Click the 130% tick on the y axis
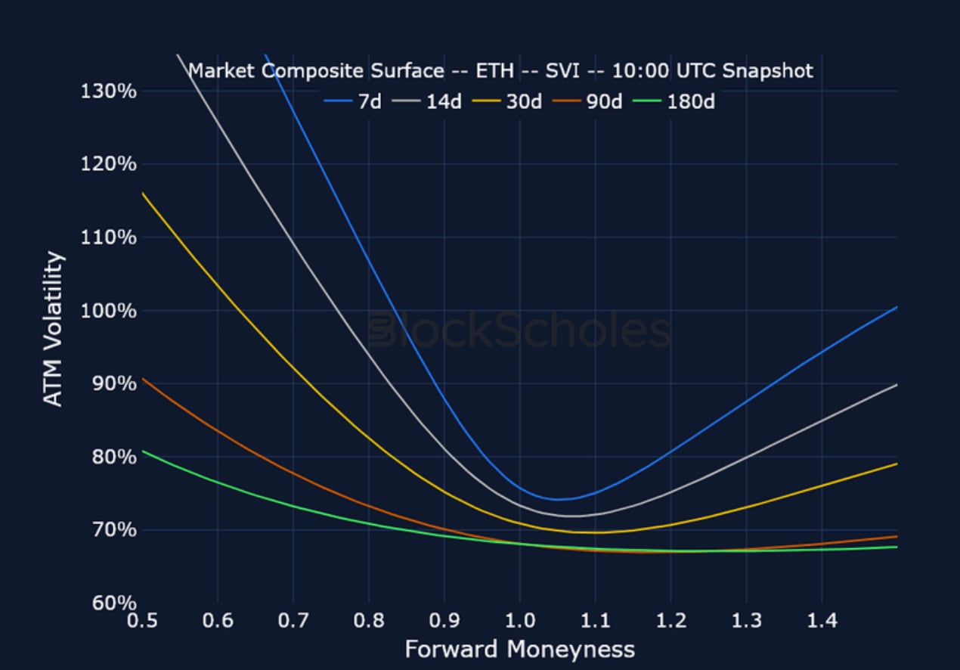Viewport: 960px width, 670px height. (x=108, y=91)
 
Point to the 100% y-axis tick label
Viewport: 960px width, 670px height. (x=108, y=311)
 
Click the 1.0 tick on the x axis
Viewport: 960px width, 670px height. (x=519, y=622)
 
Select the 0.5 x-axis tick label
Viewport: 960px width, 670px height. (x=142, y=622)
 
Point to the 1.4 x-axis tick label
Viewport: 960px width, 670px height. (x=822, y=622)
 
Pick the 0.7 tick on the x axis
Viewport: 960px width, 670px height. (x=293, y=622)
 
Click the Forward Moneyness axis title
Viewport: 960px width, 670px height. (x=519, y=650)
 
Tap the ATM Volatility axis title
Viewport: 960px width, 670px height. (x=53, y=329)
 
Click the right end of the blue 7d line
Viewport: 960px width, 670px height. (x=897, y=307)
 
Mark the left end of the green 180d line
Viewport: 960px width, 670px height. (x=143, y=451)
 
